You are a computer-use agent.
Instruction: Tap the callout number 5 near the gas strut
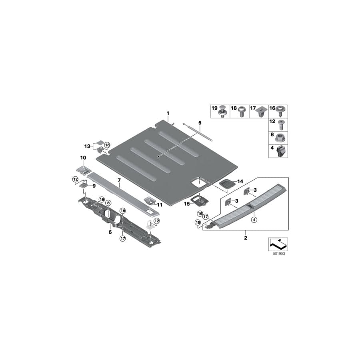coord(200,122)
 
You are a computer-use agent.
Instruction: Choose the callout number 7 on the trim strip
coord(119,180)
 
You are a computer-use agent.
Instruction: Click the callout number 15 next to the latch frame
coord(186,204)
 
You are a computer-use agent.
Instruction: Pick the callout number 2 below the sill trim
coord(246,238)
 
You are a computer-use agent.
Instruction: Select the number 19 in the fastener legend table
coord(214,108)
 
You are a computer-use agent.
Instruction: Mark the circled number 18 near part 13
coord(107,144)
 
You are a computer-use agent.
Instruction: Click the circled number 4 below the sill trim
coord(254,218)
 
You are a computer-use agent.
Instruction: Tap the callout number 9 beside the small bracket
coord(94,186)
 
